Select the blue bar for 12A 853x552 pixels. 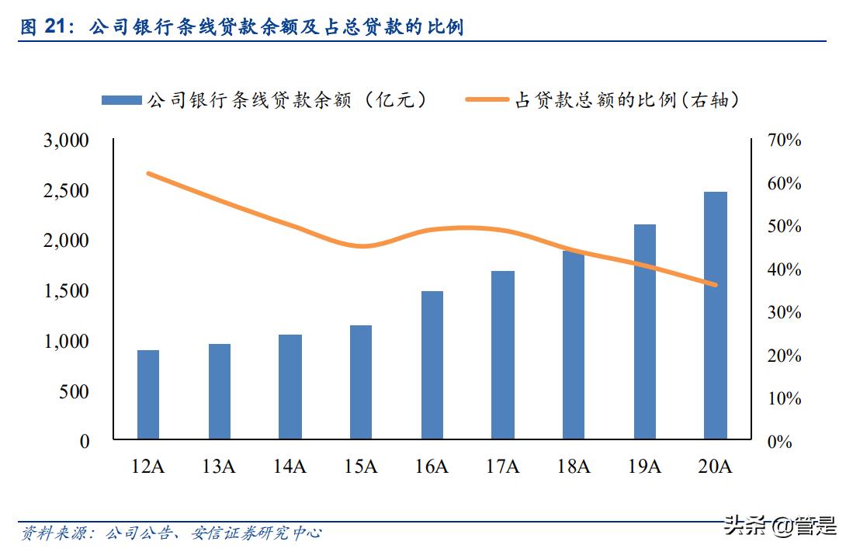[x=147, y=394]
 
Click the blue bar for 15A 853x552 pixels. [x=361, y=382]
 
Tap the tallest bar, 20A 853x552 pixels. [x=715, y=315]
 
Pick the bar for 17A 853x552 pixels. [x=503, y=355]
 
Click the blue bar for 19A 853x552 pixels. [x=644, y=332]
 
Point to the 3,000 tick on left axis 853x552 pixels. [x=68, y=141]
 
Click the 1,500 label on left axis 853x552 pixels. [x=68, y=291]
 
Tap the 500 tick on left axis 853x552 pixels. [x=76, y=391]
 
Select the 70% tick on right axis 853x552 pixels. [x=784, y=141]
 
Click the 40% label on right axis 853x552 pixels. [x=784, y=269]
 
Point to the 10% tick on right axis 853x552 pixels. [x=784, y=398]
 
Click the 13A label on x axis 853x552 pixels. [x=219, y=466]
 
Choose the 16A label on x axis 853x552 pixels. [x=432, y=466]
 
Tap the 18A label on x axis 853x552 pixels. [x=574, y=466]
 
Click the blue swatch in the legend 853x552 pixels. [x=121, y=99]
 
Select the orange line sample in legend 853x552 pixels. [x=488, y=99]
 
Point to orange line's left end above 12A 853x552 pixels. [x=148, y=173]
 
